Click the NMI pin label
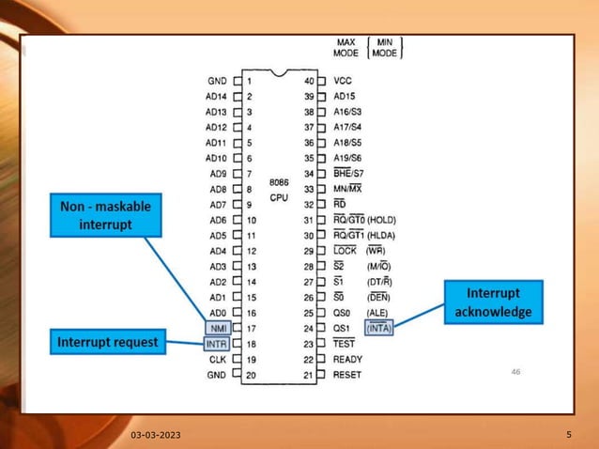tap(216, 329)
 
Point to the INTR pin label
tap(216, 345)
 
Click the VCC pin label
tap(343, 82)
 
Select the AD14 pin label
tap(216, 97)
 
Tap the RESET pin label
tap(347, 375)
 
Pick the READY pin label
tap(348, 359)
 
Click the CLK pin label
tap(217, 360)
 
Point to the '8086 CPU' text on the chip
tap(279, 191)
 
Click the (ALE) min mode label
tap(378, 313)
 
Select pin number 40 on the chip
tap(308, 82)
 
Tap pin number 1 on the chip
tap(251, 82)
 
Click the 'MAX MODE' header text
tap(346, 48)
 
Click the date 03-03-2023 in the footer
tap(156, 436)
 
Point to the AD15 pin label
tap(346, 97)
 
